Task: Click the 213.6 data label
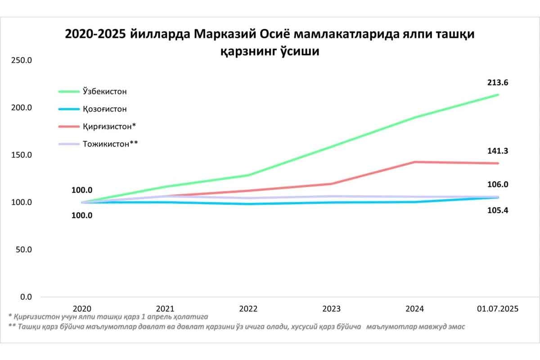click(x=497, y=83)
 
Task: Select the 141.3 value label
click(x=497, y=151)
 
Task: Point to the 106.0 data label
click(x=497, y=184)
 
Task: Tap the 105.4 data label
click(x=497, y=210)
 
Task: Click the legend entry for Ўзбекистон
click(x=105, y=91)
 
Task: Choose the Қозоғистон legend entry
click(x=105, y=109)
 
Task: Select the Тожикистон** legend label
click(x=110, y=144)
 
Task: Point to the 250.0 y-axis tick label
click(x=21, y=60)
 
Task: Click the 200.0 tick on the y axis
click(x=21, y=108)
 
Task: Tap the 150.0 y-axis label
click(x=21, y=155)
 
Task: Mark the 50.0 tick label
click(x=23, y=250)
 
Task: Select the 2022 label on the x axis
click(x=248, y=309)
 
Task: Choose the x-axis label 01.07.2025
click(x=498, y=309)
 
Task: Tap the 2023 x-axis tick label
click(x=331, y=309)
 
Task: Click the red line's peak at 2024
click(x=414, y=162)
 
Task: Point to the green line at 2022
click(x=248, y=175)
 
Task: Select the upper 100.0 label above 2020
click(x=82, y=190)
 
